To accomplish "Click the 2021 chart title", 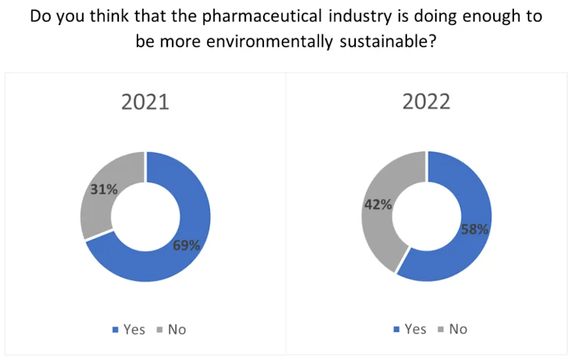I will pyautogui.click(x=145, y=102).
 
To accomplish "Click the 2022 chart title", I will pyautogui.click(x=426, y=102).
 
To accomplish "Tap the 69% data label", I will pyautogui.click(x=187, y=245).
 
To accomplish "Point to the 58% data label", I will pyautogui.click(x=475, y=229).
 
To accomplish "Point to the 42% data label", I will pyautogui.click(x=379, y=205).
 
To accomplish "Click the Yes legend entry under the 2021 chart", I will pyautogui.click(x=129, y=329).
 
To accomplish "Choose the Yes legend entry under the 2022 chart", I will pyautogui.click(x=410, y=329).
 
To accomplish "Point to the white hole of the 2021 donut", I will pyautogui.click(x=145, y=216).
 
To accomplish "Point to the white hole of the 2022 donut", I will pyautogui.click(x=426, y=216).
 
